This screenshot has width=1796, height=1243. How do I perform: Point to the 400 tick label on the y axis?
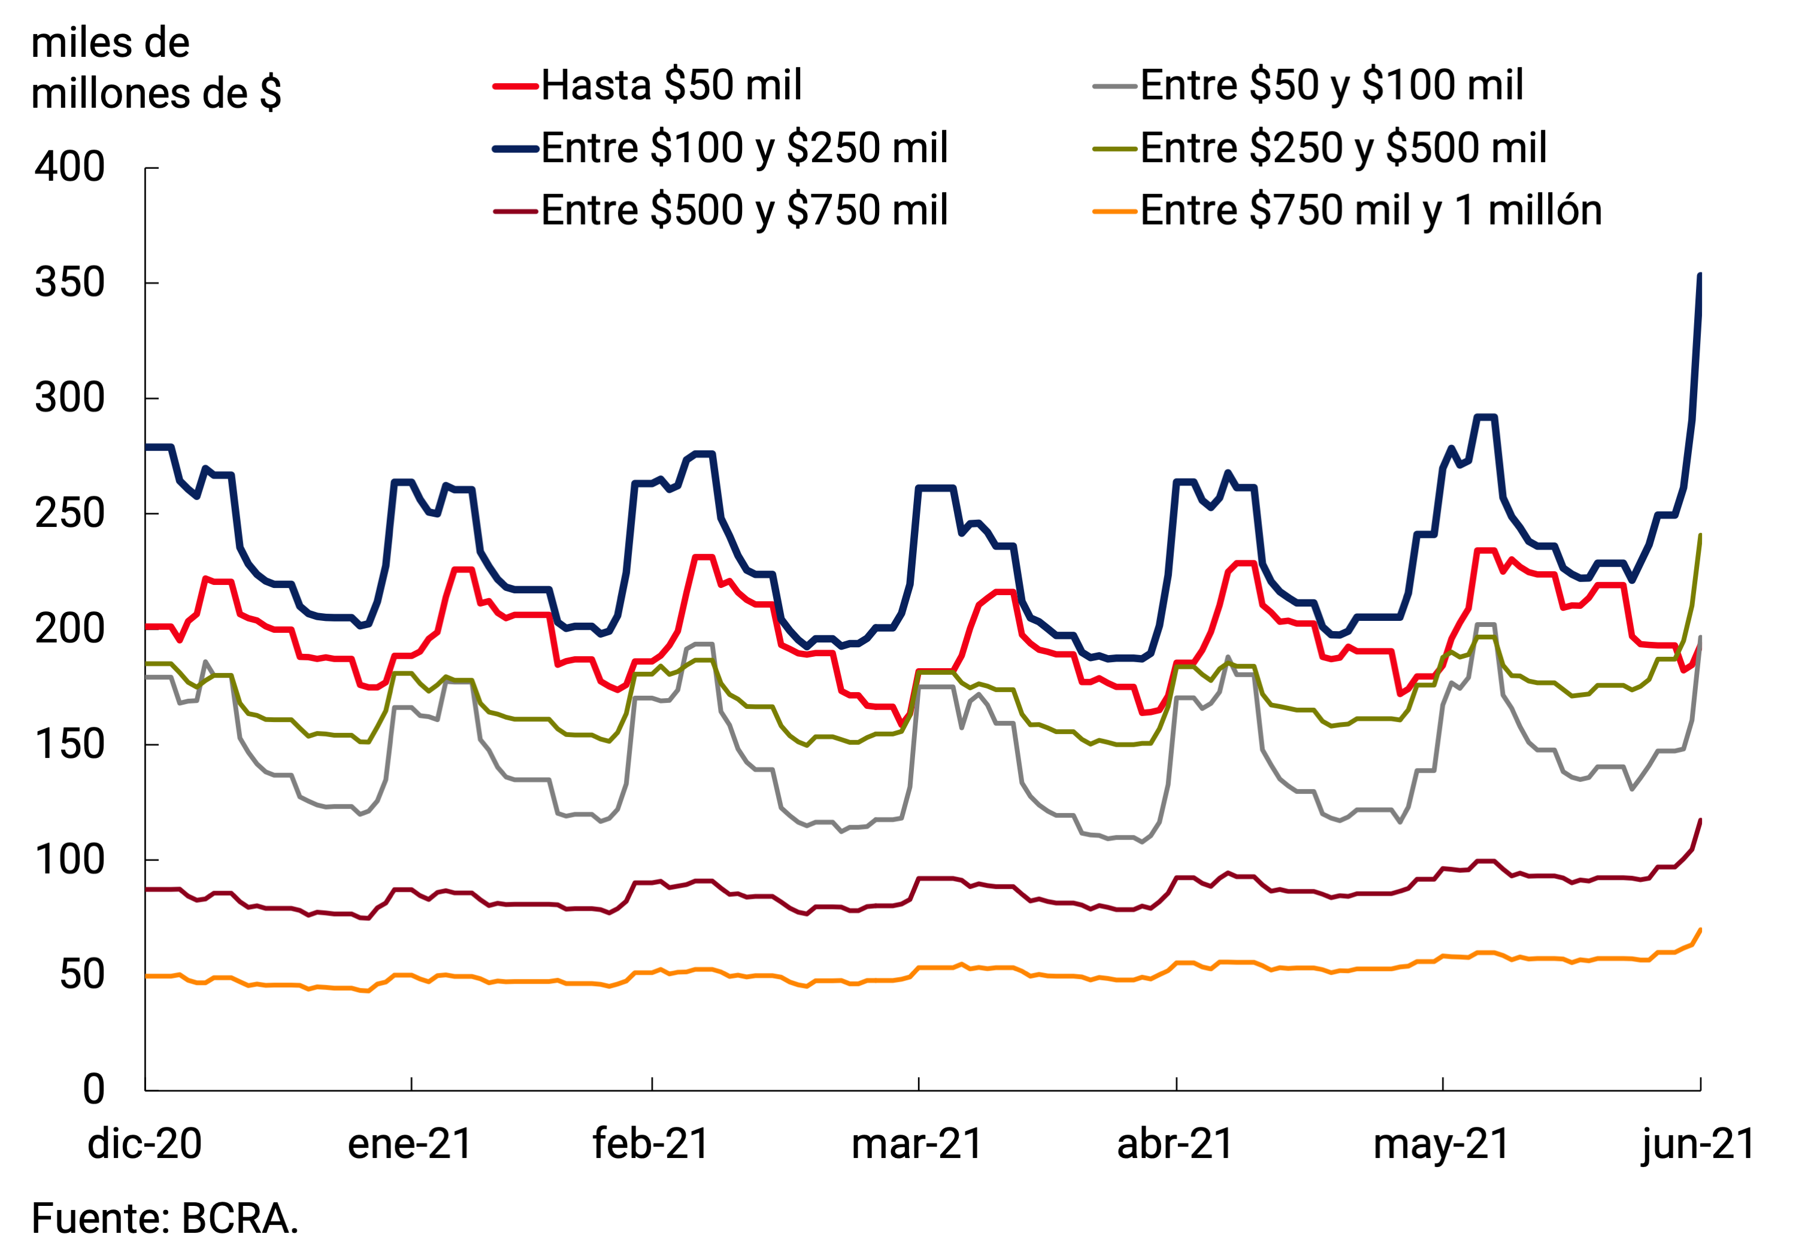70,168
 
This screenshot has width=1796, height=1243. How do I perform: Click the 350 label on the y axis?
70,283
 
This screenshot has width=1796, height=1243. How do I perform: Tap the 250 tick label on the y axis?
70,513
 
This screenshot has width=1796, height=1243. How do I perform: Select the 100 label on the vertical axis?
70,860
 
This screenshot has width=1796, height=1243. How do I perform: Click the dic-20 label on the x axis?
145,1144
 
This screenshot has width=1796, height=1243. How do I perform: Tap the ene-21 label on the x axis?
410,1144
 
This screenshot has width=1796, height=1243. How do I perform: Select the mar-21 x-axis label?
917,1144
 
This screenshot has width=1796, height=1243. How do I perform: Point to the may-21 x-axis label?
1441,1144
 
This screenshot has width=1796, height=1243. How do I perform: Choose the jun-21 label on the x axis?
1698,1144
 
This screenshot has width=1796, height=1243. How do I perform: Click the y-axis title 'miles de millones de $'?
156,68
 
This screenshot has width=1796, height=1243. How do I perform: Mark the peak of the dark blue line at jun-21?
1700,275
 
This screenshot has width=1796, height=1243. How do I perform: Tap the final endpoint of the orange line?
1700,930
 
